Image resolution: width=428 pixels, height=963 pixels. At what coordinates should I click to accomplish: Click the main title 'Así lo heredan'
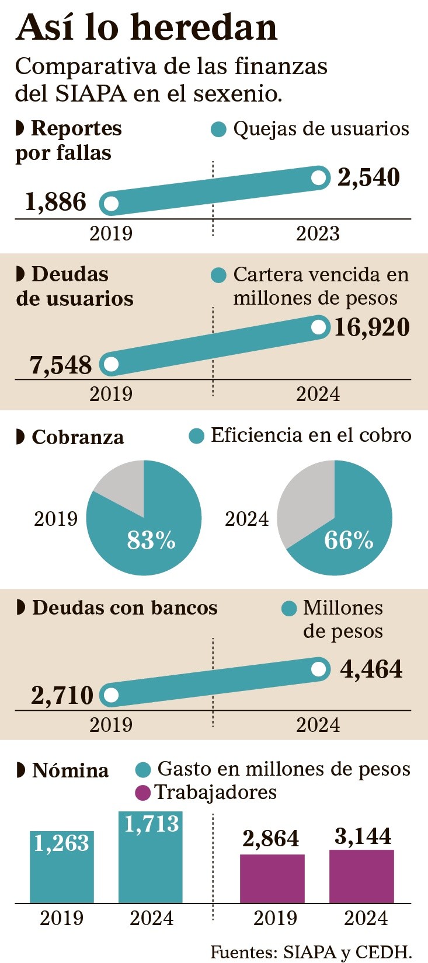click(147, 27)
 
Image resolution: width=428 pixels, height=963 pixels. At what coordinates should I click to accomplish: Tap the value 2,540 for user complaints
click(368, 177)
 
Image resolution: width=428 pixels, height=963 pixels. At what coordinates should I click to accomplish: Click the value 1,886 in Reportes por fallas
click(55, 203)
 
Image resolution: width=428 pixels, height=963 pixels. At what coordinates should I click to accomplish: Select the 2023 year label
click(318, 234)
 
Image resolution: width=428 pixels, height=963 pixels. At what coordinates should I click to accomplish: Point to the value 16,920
click(371, 327)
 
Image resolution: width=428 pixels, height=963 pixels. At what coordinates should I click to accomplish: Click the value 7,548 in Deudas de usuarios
click(61, 365)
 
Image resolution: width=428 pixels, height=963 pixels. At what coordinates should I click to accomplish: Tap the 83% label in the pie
click(151, 540)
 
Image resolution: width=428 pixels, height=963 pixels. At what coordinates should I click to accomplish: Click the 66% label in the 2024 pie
click(349, 540)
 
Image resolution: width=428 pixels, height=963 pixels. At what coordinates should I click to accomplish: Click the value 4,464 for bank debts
click(371, 669)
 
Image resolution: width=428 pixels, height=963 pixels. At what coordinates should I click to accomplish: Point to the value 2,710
click(62, 696)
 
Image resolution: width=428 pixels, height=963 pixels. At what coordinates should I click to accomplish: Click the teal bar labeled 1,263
click(62, 870)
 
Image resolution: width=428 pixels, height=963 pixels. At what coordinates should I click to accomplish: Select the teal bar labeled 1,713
click(151, 864)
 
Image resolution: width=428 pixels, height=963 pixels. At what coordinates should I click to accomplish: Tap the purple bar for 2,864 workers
click(272, 879)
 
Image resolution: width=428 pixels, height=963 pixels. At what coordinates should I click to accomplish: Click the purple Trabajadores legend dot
click(142, 793)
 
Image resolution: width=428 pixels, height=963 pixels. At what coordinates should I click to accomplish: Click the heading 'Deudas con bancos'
click(124, 608)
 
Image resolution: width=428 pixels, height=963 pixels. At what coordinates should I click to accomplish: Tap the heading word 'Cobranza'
click(78, 437)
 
